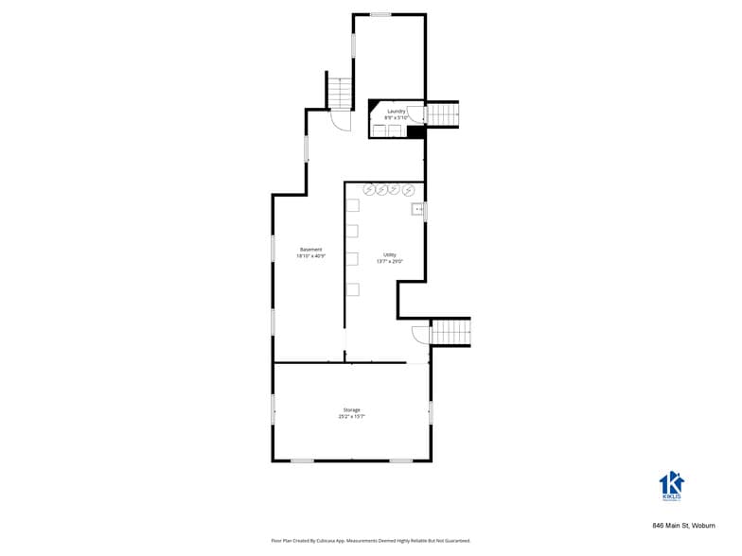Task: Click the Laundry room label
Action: (397, 112)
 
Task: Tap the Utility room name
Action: (389, 254)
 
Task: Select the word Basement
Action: (310, 250)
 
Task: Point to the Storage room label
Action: (351, 409)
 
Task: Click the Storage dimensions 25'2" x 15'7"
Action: (351, 416)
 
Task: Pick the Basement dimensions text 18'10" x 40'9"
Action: (310, 256)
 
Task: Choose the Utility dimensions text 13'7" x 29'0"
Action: (389, 261)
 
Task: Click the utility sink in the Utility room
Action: (416, 209)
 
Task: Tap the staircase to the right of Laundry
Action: (444, 113)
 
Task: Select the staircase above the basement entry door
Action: (340, 92)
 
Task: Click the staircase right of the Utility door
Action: (450, 333)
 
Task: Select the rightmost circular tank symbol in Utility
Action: (408, 190)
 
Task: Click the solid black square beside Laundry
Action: (415, 131)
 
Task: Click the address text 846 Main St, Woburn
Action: (683, 525)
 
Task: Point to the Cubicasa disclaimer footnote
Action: (370, 541)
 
